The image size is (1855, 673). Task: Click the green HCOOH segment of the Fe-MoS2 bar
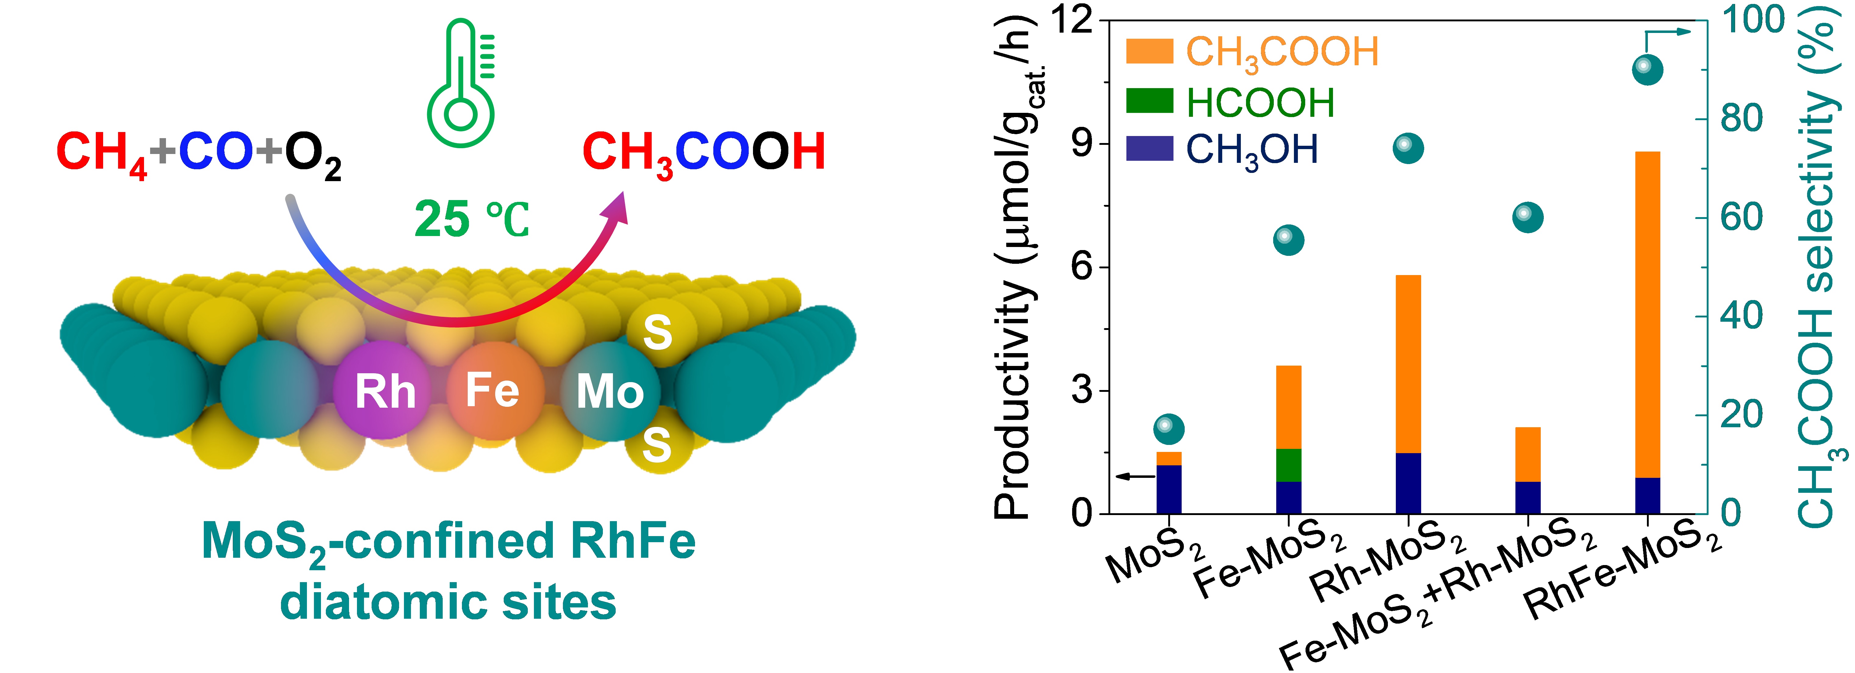[1288, 465]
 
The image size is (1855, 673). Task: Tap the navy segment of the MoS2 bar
[1169, 489]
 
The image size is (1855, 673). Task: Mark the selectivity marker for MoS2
[1169, 429]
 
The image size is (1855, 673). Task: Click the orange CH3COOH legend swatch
[1149, 51]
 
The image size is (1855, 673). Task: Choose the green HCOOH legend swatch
[1149, 101]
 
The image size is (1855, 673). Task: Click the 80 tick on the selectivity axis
[1741, 119]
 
